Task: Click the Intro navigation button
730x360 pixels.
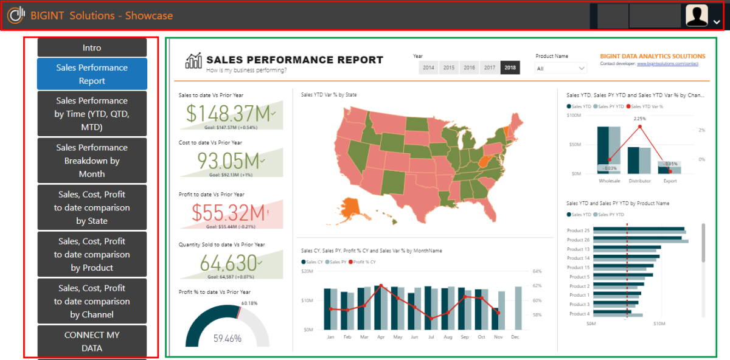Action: click(92, 47)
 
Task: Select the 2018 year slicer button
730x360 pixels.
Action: click(510, 67)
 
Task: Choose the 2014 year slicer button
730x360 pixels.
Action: click(428, 67)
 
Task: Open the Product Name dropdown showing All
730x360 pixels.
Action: click(560, 69)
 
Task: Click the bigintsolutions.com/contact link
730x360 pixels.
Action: click(667, 64)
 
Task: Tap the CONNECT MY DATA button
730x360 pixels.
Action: click(92, 341)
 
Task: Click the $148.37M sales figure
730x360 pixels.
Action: click(228, 113)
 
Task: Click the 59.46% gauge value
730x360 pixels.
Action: click(227, 339)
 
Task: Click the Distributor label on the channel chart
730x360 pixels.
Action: click(639, 181)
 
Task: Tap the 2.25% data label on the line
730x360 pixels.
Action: click(639, 119)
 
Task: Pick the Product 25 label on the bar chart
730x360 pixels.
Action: click(578, 230)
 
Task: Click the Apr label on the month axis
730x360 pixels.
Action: click(381, 336)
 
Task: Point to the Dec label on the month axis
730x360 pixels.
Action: click(515, 336)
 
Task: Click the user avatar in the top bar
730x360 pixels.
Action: click(697, 15)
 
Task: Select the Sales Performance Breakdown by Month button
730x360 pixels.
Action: click(92, 161)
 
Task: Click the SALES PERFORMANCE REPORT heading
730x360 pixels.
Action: click(294, 60)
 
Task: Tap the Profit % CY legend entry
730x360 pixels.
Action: click(364, 261)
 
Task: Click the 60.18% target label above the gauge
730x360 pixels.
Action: click(249, 303)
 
